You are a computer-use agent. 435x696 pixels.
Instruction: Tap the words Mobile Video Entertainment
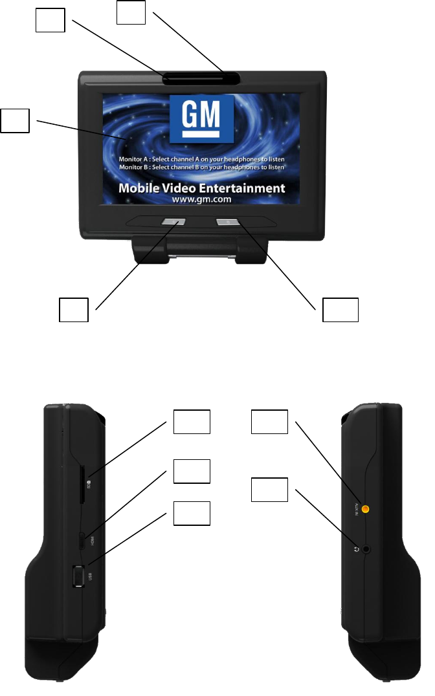202,188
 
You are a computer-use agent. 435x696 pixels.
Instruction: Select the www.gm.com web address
202,201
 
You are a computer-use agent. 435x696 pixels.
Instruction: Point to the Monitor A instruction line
202,158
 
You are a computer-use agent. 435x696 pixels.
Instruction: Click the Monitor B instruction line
202,168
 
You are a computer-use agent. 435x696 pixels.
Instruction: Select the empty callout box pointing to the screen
15,121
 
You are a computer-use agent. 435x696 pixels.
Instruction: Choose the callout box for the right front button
340,310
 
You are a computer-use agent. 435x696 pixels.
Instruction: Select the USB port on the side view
78,575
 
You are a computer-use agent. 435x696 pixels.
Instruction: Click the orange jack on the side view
366,510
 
